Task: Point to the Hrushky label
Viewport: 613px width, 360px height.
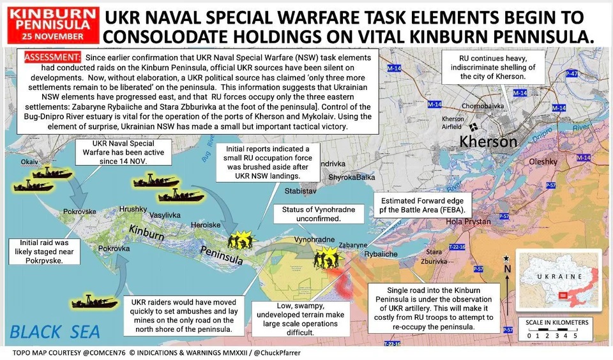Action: click(x=133, y=209)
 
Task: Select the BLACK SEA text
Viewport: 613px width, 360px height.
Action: click(x=55, y=332)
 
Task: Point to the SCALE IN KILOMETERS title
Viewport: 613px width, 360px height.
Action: click(x=553, y=322)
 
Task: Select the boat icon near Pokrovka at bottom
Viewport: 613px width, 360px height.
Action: click(x=94, y=299)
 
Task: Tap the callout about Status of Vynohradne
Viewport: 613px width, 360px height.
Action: click(x=319, y=214)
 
